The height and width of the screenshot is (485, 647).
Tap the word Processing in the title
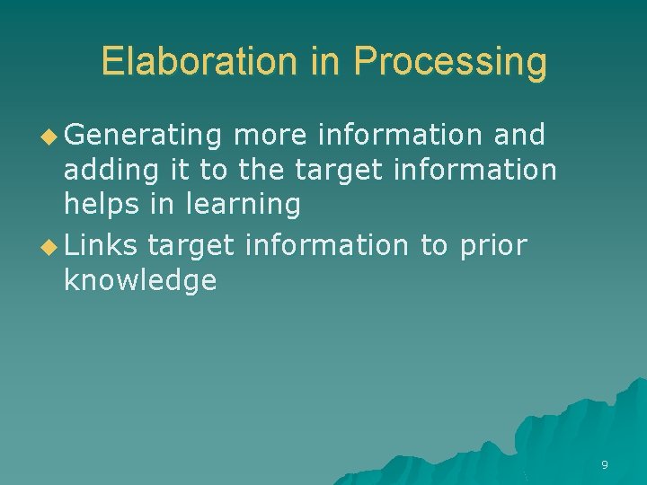click(449, 62)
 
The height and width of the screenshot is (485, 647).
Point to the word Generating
click(143, 136)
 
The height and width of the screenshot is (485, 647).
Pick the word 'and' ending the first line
click(519, 136)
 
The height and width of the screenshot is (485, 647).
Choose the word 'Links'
click(100, 245)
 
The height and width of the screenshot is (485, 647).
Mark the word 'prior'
click(492, 245)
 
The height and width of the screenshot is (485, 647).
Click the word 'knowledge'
click(140, 280)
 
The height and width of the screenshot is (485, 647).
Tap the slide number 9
click(604, 464)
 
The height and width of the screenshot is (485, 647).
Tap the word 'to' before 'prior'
click(434, 245)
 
